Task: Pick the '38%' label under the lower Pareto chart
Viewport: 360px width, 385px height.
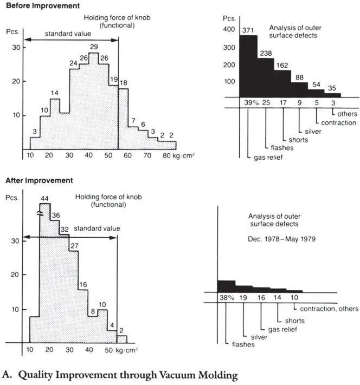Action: pyautogui.click(x=226, y=297)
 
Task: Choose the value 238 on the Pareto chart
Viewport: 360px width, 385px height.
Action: pyautogui.click(x=266, y=53)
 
